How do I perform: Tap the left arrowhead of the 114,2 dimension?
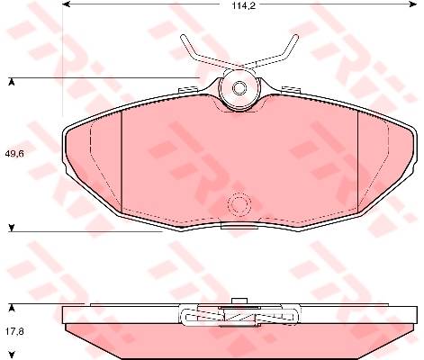(x=66, y=4)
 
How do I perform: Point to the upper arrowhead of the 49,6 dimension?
(x=12, y=82)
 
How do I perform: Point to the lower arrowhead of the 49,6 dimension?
(x=12, y=228)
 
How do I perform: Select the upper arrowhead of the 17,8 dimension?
(x=12, y=308)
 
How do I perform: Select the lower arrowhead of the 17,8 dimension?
(x=12, y=355)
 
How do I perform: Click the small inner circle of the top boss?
(x=239, y=88)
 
